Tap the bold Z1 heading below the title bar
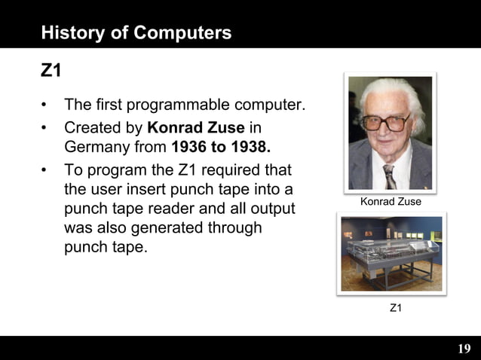(x=51, y=71)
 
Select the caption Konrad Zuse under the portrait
(x=391, y=202)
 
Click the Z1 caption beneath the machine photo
(x=395, y=308)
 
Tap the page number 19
(x=464, y=348)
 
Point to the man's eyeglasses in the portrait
(x=387, y=121)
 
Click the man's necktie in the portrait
(x=389, y=175)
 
